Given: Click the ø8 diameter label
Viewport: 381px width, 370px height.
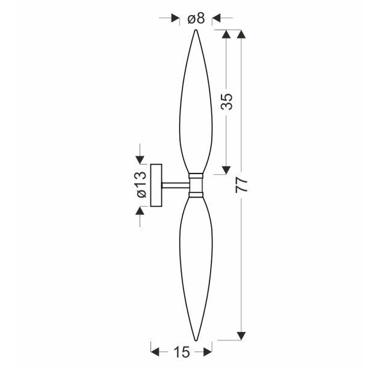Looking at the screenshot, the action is coord(196,19).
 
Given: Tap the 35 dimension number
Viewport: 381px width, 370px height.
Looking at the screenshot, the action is coord(228,101).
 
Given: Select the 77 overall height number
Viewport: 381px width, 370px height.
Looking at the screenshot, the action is coord(241,184).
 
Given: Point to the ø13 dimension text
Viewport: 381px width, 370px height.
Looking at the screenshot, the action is coord(141,184).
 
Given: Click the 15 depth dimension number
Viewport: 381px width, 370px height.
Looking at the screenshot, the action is coord(182,352).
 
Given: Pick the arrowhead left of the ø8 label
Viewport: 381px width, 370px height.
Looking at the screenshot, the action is coord(175,17).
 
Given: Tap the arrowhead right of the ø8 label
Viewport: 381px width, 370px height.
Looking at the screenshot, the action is coord(217,17).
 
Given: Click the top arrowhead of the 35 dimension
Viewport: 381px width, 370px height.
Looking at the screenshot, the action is coord(226,34).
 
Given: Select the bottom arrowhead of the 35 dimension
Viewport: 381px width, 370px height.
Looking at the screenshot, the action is coord(226,170).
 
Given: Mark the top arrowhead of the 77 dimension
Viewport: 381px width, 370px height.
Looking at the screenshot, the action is coord(241,34).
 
